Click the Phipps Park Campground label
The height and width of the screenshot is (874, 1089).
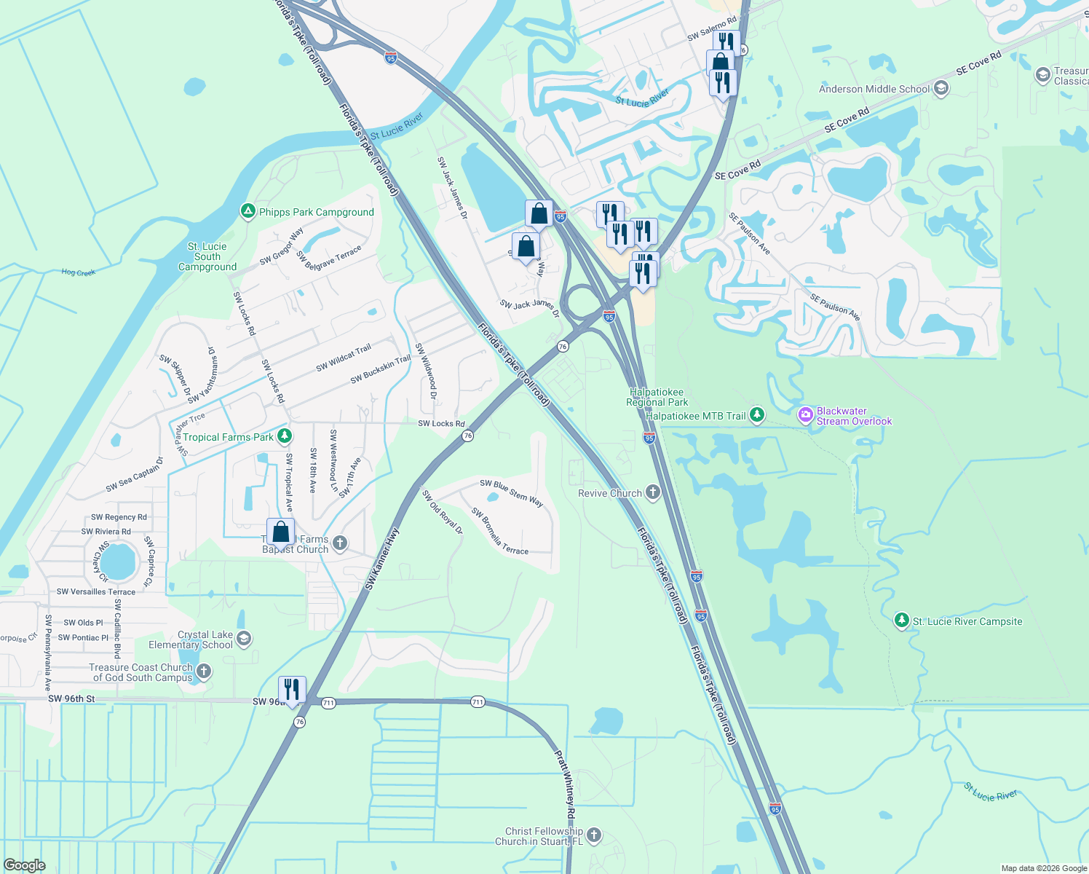click(316, 212)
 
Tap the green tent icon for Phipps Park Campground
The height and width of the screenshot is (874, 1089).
click(247, 211)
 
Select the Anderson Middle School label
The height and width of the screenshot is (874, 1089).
click(874, 89)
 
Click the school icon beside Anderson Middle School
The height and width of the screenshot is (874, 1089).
click(940, 89)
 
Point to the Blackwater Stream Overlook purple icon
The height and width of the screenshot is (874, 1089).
click(805, 416)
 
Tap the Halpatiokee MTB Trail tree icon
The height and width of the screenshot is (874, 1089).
click(757, 415)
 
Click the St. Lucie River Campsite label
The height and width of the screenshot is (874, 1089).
click(967, 621)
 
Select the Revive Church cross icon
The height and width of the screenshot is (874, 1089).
click(652, 493)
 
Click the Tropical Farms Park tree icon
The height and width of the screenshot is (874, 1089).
click(285, 436)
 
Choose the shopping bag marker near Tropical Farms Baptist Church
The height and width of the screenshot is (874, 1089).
click(281, 532)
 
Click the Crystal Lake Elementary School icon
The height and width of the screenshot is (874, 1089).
click(244, 639)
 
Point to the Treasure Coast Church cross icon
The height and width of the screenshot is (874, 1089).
click(204, 672)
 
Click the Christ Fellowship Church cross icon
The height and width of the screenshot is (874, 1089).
click(594, 835)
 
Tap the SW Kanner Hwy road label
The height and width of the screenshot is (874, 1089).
click(383, 559)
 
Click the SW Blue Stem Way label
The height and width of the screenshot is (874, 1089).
click(511, 493)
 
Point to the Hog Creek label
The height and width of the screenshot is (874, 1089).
click(79, 272)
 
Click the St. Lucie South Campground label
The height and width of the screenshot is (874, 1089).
click(207, 256)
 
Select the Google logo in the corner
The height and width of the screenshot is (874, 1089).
click(25, 865)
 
